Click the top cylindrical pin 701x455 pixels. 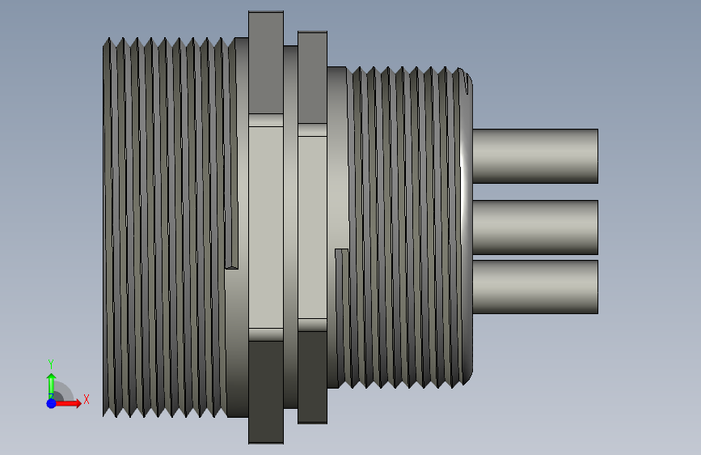coord(535,155)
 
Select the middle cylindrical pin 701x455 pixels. coord(535,227)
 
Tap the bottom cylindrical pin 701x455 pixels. coord(535,287)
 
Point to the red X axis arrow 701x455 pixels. coord(67,403)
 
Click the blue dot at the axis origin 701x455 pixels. coord(52,403)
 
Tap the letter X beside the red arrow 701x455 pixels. coord(87,399)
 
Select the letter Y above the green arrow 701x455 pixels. coord(51,364)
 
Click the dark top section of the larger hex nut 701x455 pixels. coord(266,62)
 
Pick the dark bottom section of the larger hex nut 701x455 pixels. coord(266,393)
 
